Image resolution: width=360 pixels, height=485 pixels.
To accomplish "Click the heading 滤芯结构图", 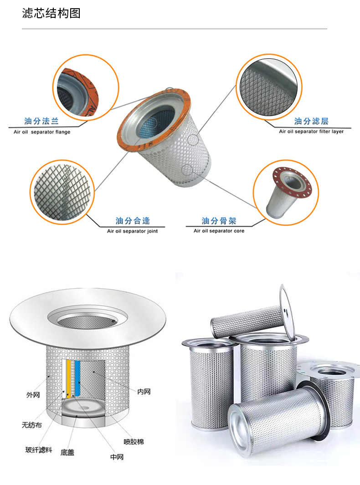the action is coord(51,13).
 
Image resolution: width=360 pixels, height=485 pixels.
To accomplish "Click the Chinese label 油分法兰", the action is coord(41,121).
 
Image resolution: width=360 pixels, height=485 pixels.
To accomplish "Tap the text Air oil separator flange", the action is coord(42,132).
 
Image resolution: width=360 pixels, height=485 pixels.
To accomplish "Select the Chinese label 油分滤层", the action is coord(311,121).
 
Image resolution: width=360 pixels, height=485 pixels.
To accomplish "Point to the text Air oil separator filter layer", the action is coord(311,131).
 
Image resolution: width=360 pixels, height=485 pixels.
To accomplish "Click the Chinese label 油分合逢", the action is coord(133,220).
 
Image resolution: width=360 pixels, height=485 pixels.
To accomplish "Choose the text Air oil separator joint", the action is coord(132,231).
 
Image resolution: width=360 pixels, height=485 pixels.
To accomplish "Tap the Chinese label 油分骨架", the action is coord(219,220).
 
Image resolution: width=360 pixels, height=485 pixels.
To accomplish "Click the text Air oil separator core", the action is coord(219,231).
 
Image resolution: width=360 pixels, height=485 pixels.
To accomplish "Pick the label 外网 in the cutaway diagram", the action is coord(33,395).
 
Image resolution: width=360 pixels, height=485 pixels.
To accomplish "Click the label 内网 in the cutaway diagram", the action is coord(144,392).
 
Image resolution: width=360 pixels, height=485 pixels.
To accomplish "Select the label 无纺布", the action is coord(31,425).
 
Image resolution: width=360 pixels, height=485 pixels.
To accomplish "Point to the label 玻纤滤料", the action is coord(39,449).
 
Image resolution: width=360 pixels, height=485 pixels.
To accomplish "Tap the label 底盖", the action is coord(67,453).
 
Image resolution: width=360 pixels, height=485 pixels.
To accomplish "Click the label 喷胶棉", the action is coord(134,442).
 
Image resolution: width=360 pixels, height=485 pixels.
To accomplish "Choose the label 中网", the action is coord(117,457).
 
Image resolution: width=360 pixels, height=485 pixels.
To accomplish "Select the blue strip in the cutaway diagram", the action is coord(77,378).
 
